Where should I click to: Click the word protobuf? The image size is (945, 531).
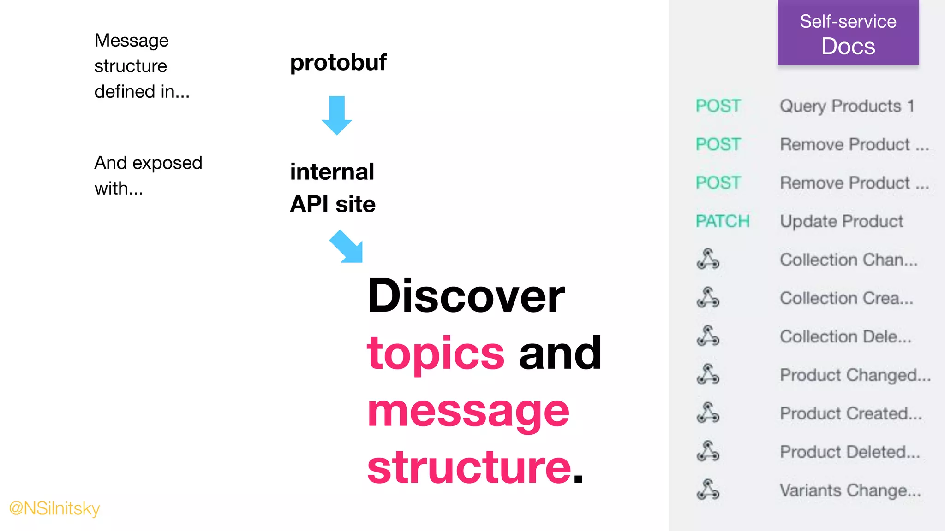tap(338, 62)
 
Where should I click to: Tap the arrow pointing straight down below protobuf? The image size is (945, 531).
tap(337, 115)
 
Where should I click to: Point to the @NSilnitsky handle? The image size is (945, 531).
tap(54, 508)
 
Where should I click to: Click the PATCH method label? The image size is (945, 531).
tap(722, 221)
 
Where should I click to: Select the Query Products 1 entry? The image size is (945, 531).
tap(847, 106)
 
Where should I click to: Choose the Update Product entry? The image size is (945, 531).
tap(841, 221)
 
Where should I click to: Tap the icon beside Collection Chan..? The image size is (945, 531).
tap(708, 260)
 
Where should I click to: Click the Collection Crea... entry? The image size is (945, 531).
tap(847, 298)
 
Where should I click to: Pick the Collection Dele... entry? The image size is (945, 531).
tap(846, 336)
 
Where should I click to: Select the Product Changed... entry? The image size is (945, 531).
tap(855, 375)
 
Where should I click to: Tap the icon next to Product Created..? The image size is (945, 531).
tap(708, 413)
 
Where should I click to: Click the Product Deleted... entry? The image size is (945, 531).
tap(850, 452)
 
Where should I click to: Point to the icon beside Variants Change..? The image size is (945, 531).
tap(708, 490)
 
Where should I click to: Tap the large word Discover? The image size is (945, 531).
tap(466, 296)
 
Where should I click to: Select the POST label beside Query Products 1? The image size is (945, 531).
tap(718, 106)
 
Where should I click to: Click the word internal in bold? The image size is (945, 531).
tap(332, 172)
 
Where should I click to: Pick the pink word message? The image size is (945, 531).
tap(468, 411)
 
